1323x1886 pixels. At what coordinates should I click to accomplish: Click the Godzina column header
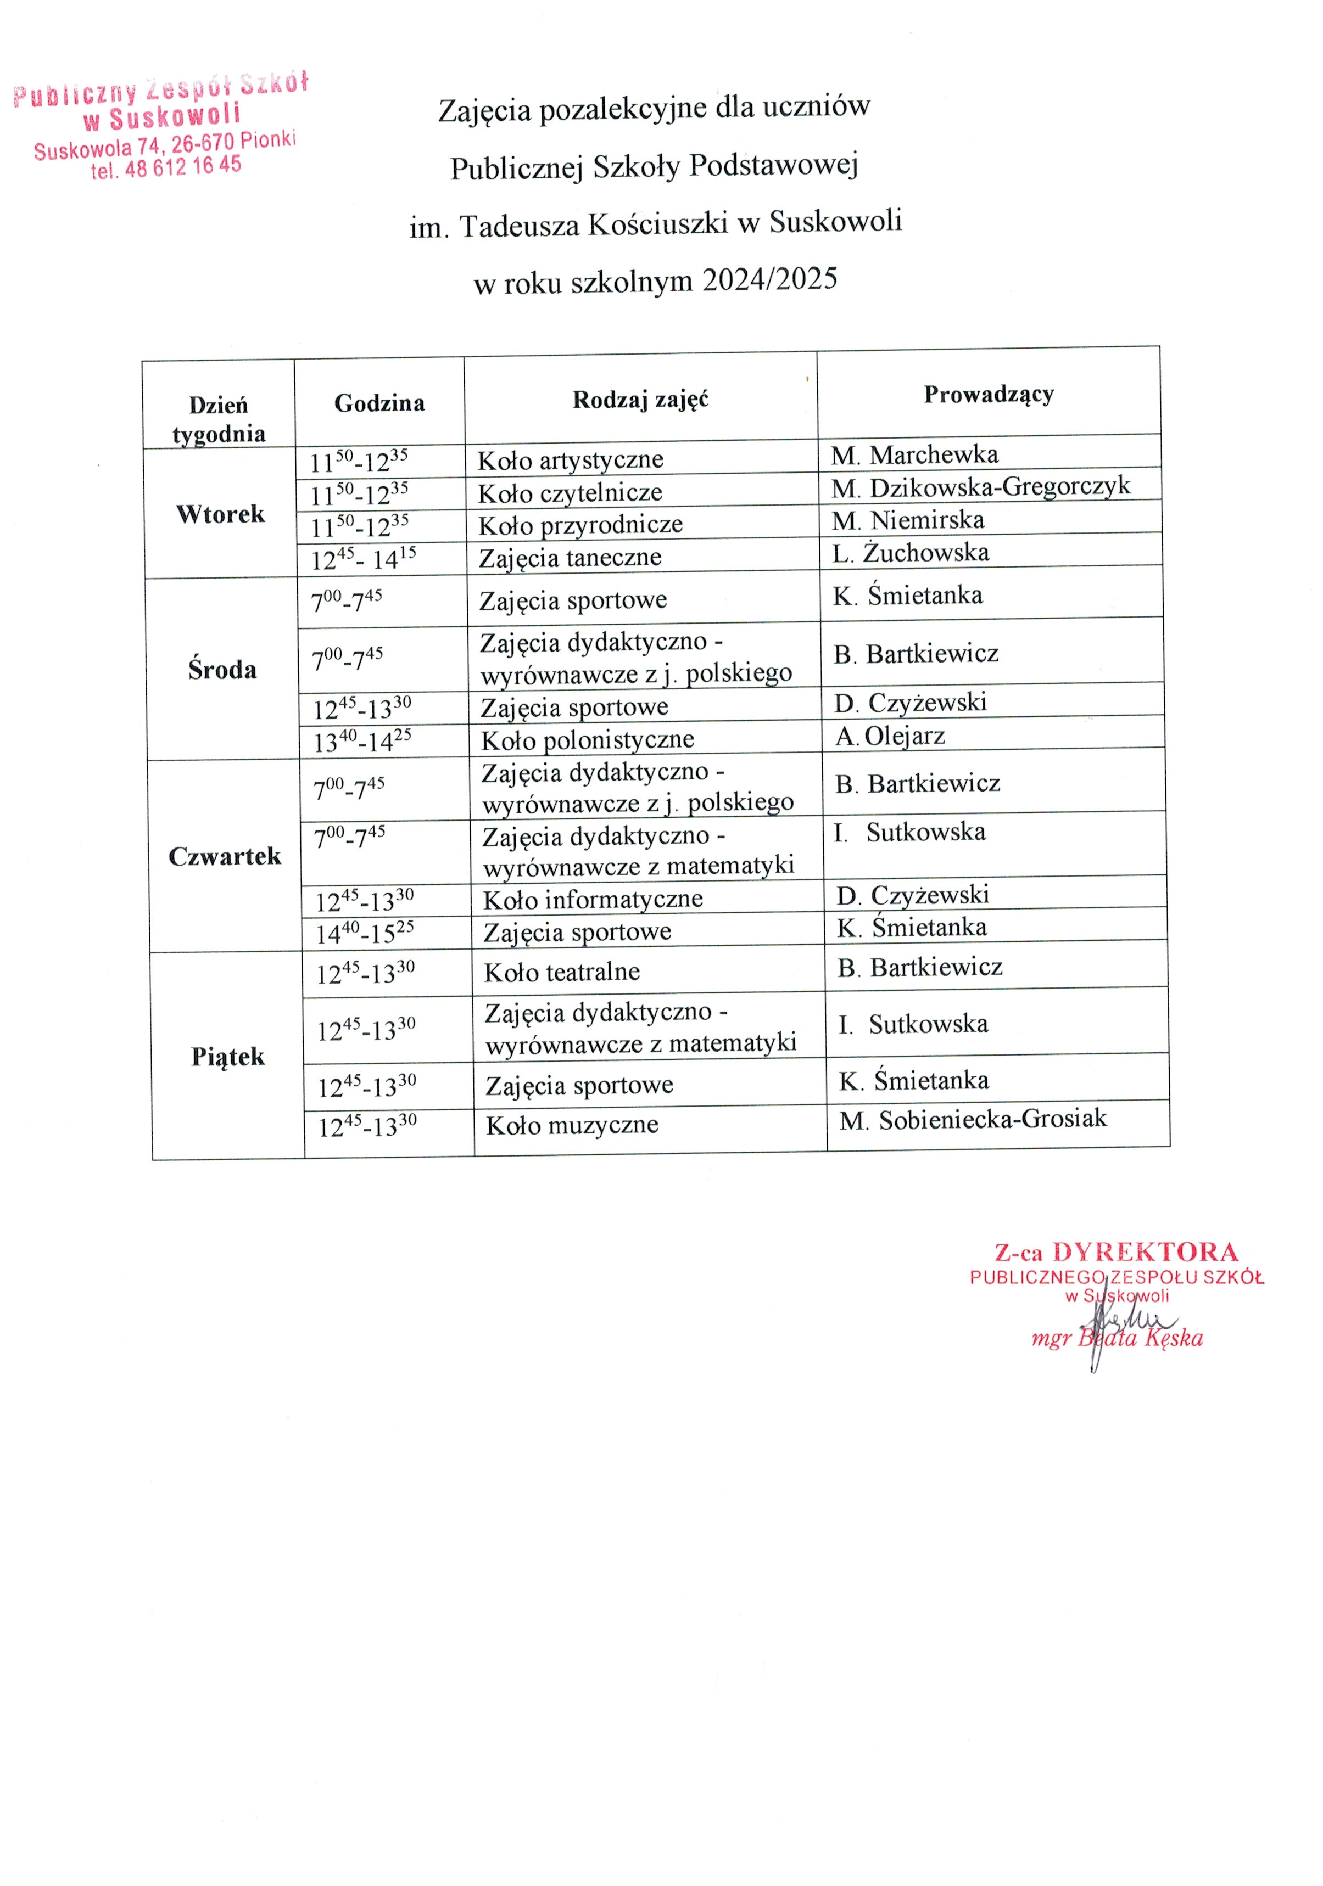[379, 402]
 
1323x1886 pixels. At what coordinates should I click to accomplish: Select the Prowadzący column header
[989, 394]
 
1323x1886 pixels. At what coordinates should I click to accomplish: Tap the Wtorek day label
[220, 514]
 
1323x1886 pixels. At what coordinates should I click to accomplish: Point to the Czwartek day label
[224, 856]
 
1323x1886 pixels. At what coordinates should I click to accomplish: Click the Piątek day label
[227, 1057]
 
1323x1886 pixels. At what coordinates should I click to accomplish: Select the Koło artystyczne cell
[570, 459]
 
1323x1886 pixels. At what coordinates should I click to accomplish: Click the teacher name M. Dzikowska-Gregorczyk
[980, 487]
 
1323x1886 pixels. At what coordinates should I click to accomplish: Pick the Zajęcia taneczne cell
[570, 558]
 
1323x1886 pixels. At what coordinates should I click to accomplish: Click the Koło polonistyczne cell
[588, 740]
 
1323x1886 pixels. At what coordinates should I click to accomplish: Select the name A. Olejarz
[890, 735]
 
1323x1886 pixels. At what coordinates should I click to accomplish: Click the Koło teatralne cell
[562, 972]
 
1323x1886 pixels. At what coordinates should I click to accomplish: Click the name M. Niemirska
[907, 520]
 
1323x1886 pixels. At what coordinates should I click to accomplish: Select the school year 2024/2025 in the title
[770, 279]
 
